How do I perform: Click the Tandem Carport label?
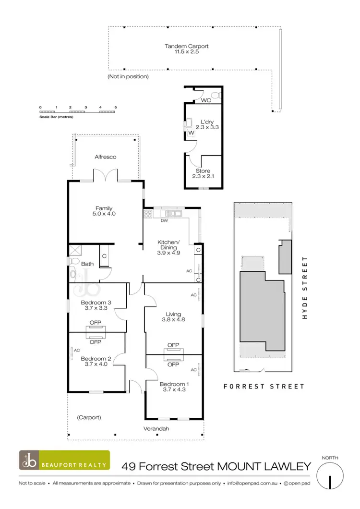[x=187, y=47]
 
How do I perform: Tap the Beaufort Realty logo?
[x=64, y=460]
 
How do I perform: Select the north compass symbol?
[x=331, y=478]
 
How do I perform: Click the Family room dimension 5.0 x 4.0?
[x=104, y=214]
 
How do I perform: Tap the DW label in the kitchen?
[x=164, y=221]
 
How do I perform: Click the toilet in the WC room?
[x=215, y=95]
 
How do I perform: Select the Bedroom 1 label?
[x=173, y=384]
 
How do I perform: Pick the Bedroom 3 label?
[x=96, y=302]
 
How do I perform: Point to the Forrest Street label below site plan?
[x=264, y=386]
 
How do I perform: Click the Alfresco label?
[x=105, y=157]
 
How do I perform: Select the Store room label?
[x=203, y=171]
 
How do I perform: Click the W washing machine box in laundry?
[x=191, y=132]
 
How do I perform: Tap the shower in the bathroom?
[x=75, y=250]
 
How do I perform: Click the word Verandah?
[x=157, y=429]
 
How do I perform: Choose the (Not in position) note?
[x=128, y=76]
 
